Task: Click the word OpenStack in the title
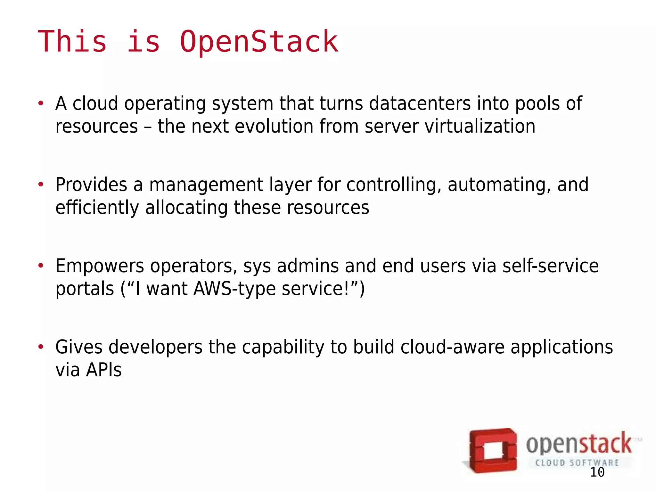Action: point(259,42)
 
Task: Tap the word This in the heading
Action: point(72,42)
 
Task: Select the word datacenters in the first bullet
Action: point(420,103)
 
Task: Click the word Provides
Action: point(91,185)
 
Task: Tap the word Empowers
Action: point(100,266)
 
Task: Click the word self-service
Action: point(550,266)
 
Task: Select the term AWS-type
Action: point(234,289)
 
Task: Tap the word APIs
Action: point(104,370)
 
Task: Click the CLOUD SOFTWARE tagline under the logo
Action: point(577,463)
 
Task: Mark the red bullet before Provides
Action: point(41,184)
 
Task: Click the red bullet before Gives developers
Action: point(41,347)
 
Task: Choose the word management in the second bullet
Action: point(206,185)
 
